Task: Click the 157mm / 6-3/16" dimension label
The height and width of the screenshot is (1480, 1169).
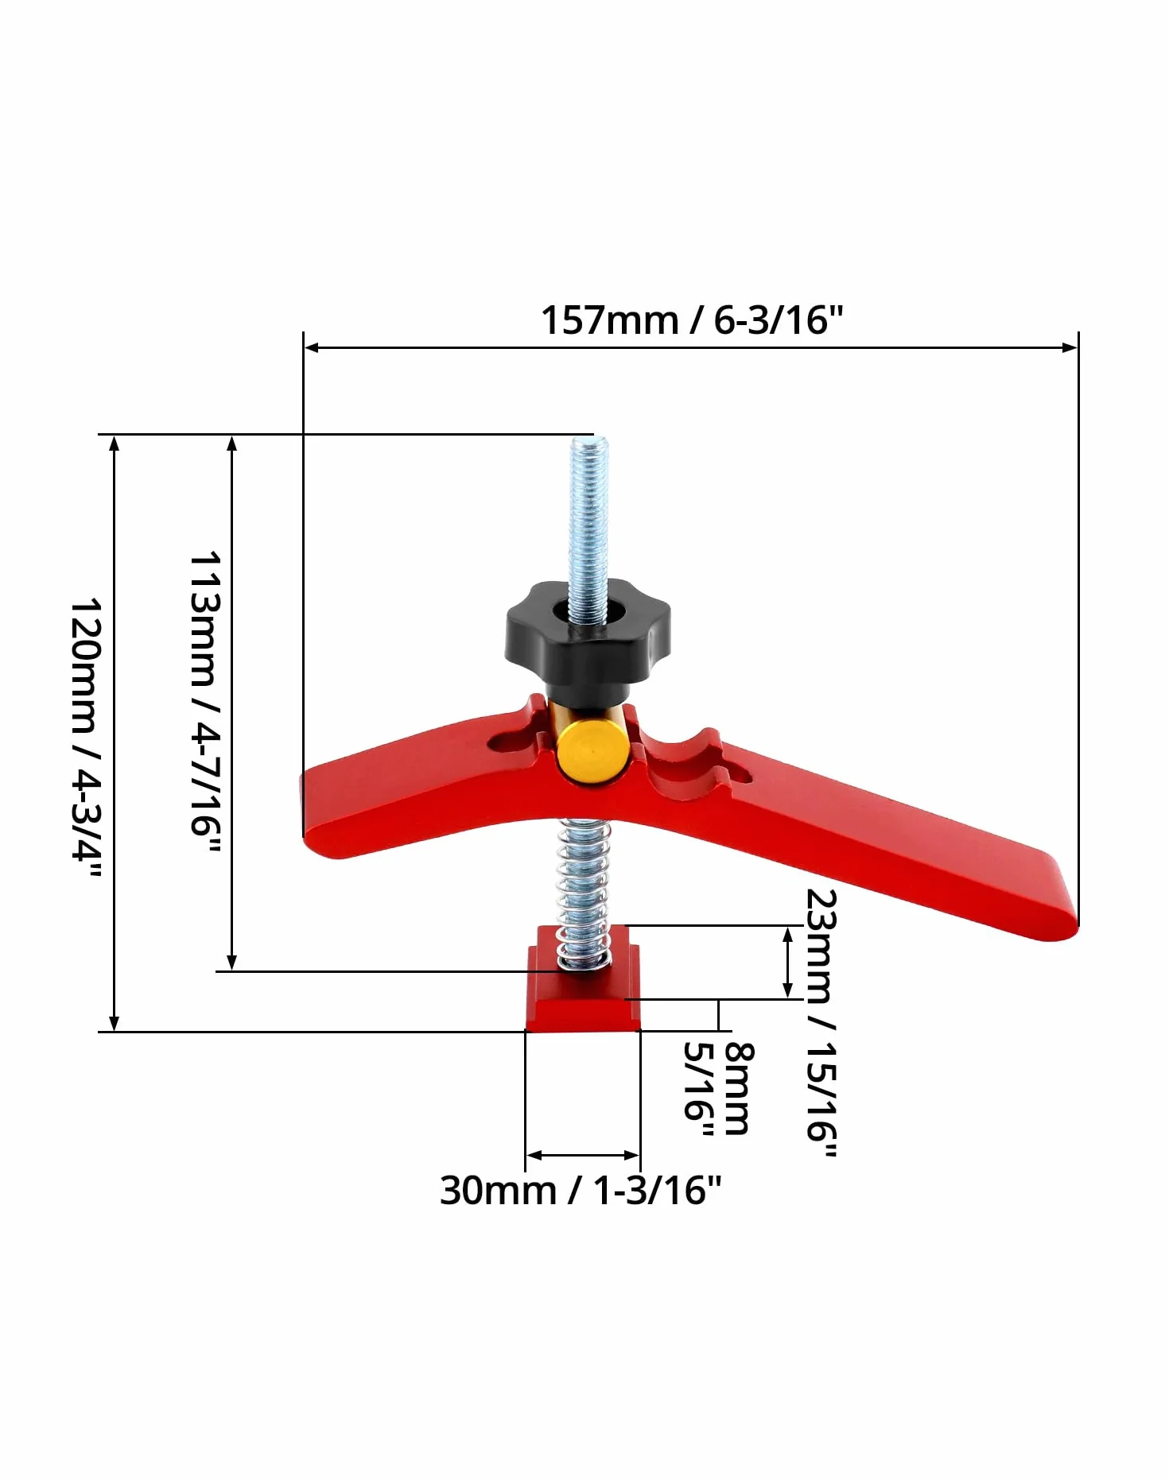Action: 691,320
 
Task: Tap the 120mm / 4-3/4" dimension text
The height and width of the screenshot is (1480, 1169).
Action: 85,738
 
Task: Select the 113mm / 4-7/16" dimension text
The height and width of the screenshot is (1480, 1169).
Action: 204,703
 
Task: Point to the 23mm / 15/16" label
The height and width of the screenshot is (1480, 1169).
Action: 821,1023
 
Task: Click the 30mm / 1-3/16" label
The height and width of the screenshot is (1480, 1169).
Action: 581,1191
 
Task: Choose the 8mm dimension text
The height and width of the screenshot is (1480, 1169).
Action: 738,1088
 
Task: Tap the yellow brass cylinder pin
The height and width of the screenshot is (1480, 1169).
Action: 590,752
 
